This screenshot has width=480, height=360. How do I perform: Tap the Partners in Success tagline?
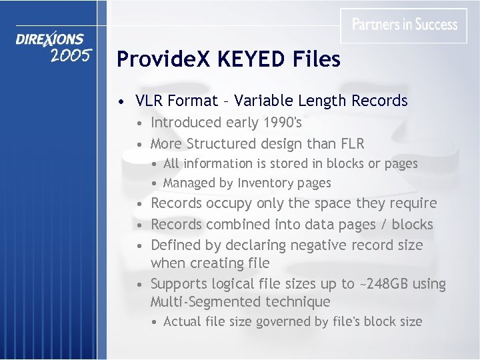pyautogui.click(x=405, y=25)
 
